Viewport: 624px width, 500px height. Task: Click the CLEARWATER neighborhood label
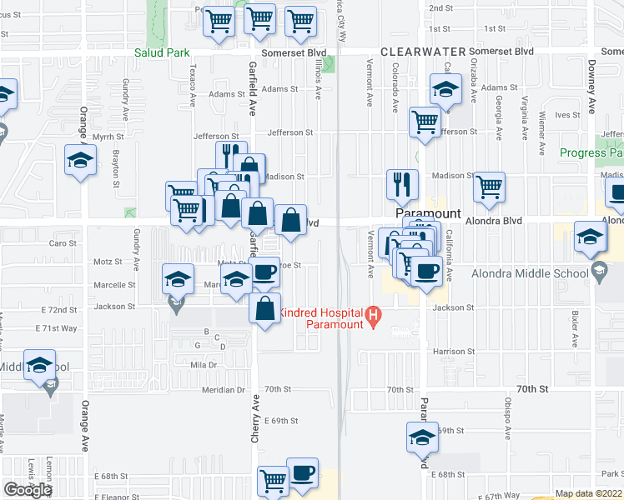pyautogui.click(x=421, y=52)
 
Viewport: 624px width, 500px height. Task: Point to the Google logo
pyautogui.click(x=27, y=489)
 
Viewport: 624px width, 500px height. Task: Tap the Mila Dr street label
pyautogui.click(x=203, y=365)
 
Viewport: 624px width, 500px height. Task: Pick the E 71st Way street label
pyautogui.click(x=60, y=329)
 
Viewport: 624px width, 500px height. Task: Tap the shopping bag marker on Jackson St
pyautogui.click(x=264, y=308)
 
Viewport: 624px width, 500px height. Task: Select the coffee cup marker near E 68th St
pyautogui.click(x=302, y=472)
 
